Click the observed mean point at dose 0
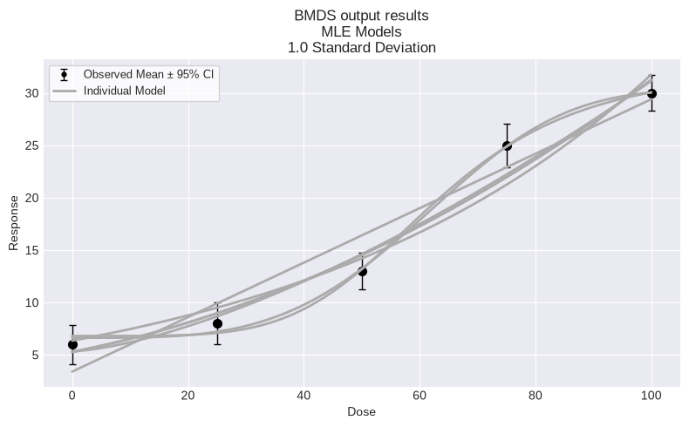coord(72,345)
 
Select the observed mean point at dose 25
coord(217,324)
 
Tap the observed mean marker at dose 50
coord(362,272)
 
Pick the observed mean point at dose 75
coord(507,146)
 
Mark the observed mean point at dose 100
coord(651,94)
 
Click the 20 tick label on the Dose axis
coord(188,396)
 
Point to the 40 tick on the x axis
coord(304,396)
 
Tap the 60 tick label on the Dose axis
coord(420,396)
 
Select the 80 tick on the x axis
coord(536,396)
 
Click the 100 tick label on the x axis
coord(651,396)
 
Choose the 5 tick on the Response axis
coord(35,355)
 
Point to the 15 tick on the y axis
coord(32,251)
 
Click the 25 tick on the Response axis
coord(32,146)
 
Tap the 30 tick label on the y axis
coord(32,94)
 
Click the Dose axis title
coord(362,411)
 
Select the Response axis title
coord(14,223)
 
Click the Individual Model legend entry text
coord(125,91)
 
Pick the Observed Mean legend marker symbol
coord(65,75)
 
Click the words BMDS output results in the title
coord(362,16)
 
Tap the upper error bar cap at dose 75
coord(507,125)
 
